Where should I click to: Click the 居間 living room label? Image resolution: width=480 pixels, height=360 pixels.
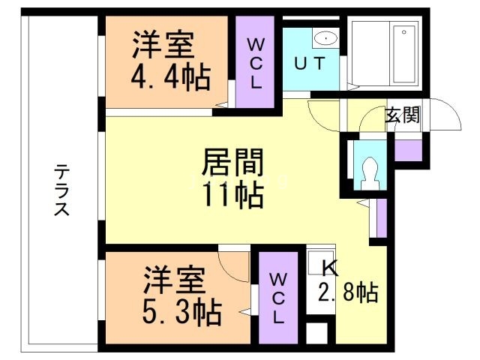click(232, 162)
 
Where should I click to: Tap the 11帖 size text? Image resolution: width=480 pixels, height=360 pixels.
click(232, 195)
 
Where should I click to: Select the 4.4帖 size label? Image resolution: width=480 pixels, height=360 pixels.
click(171, 76)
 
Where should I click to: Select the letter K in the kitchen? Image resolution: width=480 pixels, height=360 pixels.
click(330, 266)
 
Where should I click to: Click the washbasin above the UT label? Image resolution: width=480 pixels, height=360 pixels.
click(325, 38)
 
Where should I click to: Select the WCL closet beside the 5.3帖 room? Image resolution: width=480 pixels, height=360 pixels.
click(277, 297)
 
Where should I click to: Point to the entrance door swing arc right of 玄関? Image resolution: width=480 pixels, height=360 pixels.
click(447, 117)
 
